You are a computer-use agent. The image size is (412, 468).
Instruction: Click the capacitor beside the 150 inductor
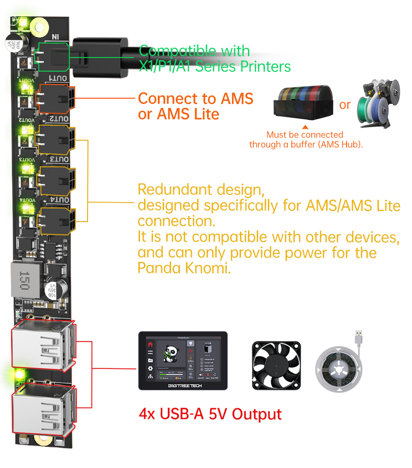point(52,290)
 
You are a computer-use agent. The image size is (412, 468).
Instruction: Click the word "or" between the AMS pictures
point(345,105)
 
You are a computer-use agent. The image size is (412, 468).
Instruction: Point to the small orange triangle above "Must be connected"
point(305,126)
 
